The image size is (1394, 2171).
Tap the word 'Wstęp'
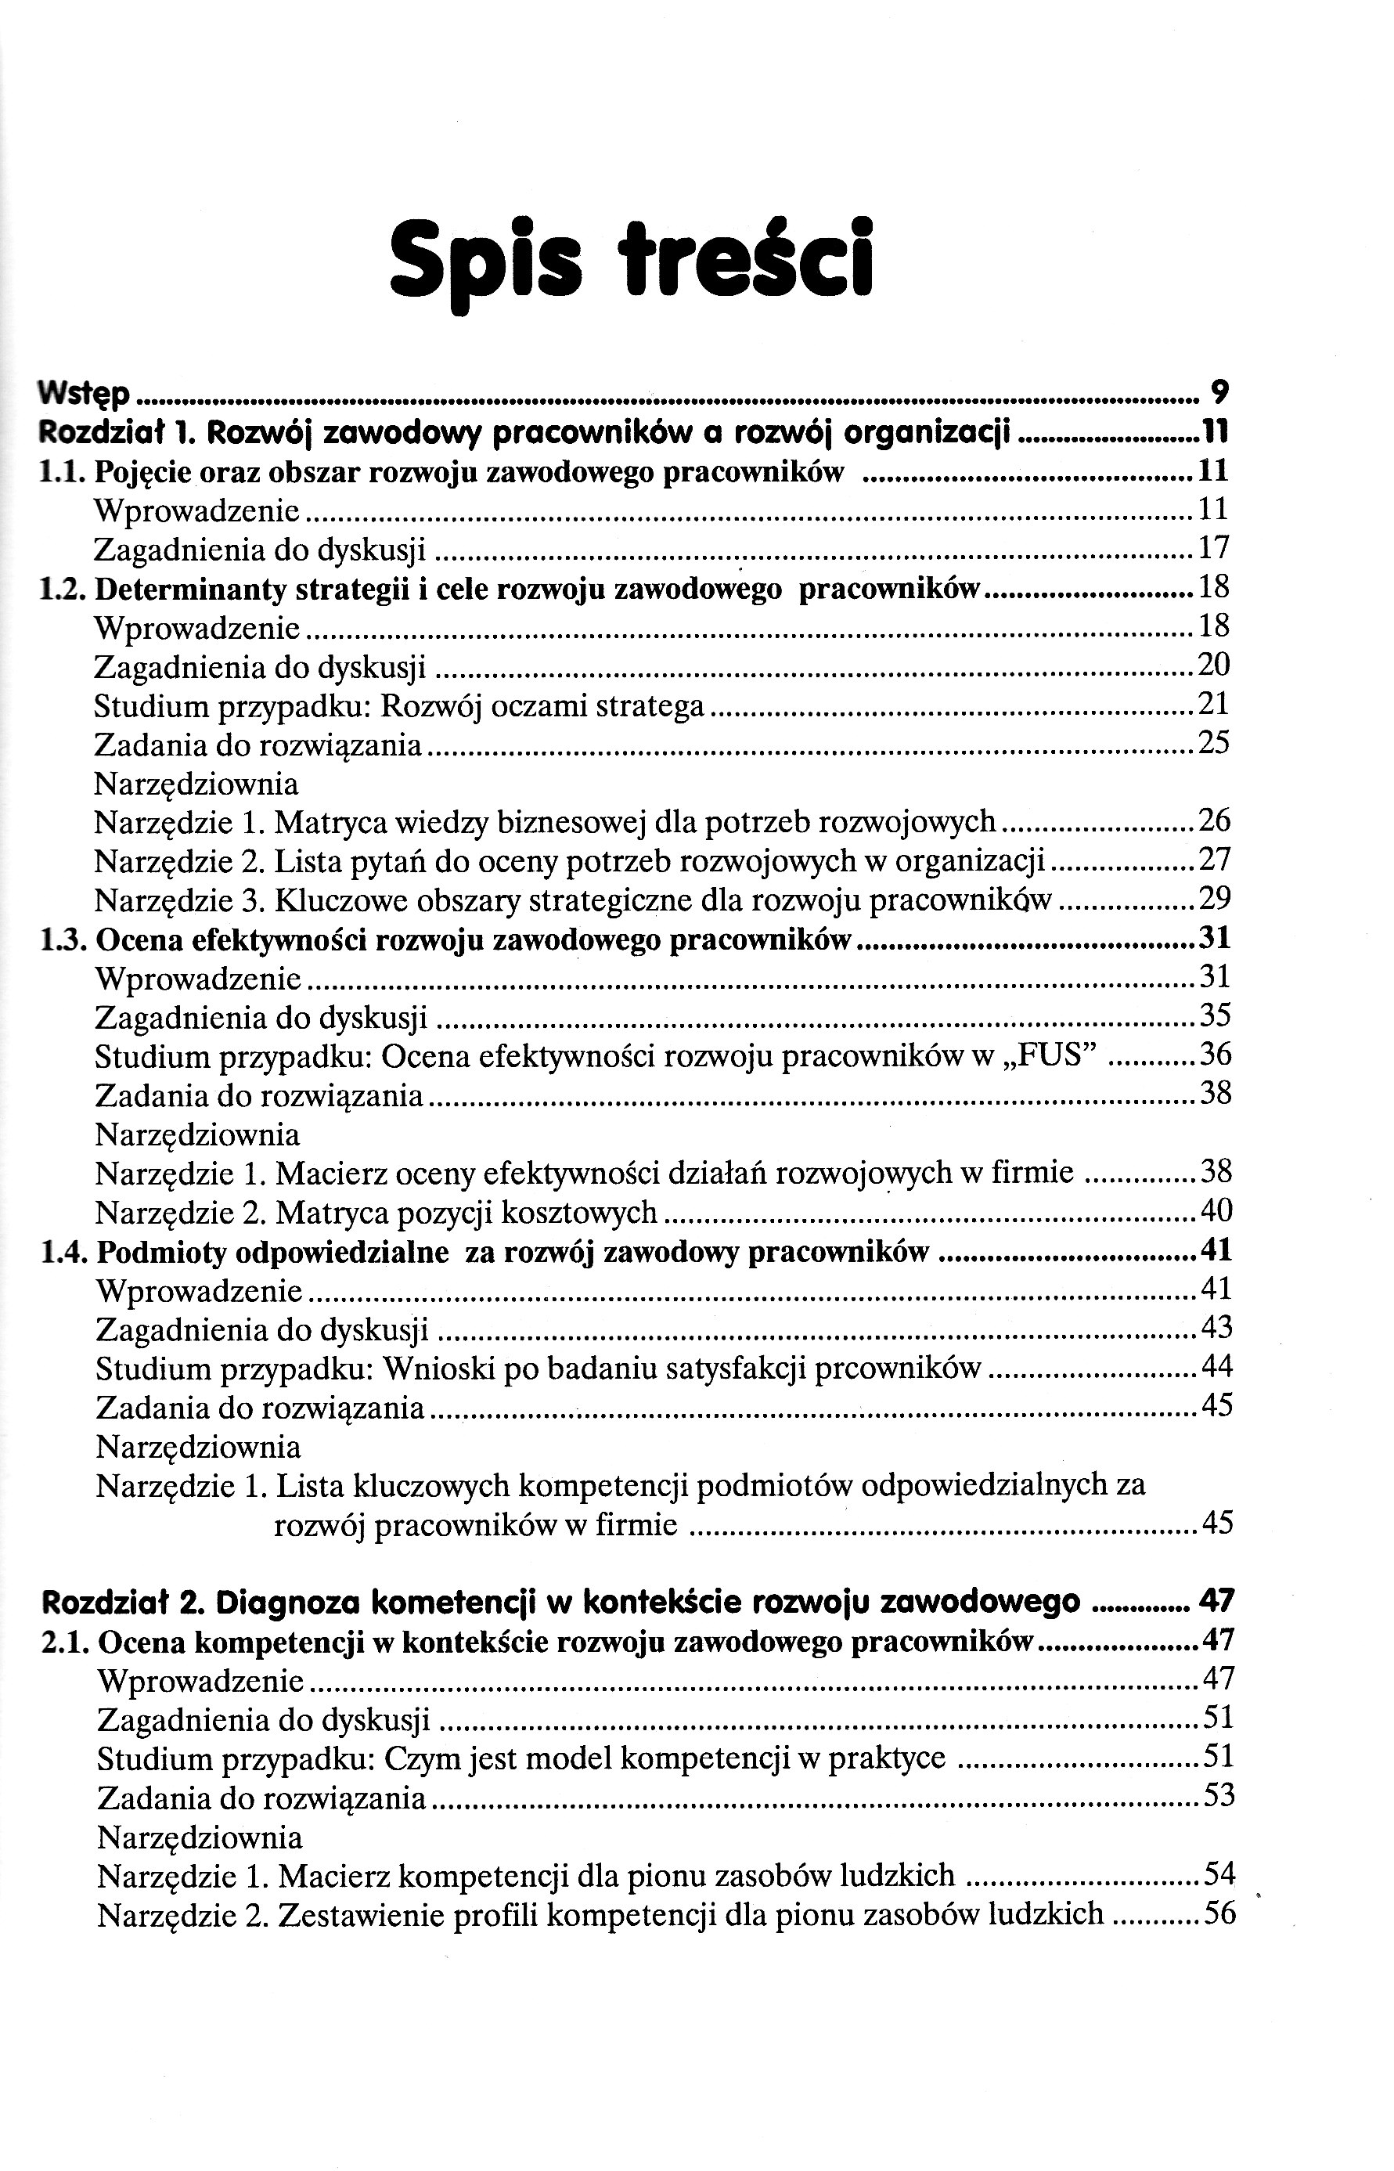click(x=85, y=393)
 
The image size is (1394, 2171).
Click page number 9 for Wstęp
click(x=1219, y=392)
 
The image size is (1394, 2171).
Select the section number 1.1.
click(x=63, y=471)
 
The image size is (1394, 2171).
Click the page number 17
click(x=1214, y=548)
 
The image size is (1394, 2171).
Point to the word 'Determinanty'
click(x=181, y=590)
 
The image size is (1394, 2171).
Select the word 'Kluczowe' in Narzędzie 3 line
click(x=334, y=900)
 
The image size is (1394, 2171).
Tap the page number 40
click(x=1216, y=1210)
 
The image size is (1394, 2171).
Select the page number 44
click(x=1216, y=1366)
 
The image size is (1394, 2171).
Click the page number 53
click(x=1219, y=1794)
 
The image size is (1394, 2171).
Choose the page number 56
click(x=1219, y=1913)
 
